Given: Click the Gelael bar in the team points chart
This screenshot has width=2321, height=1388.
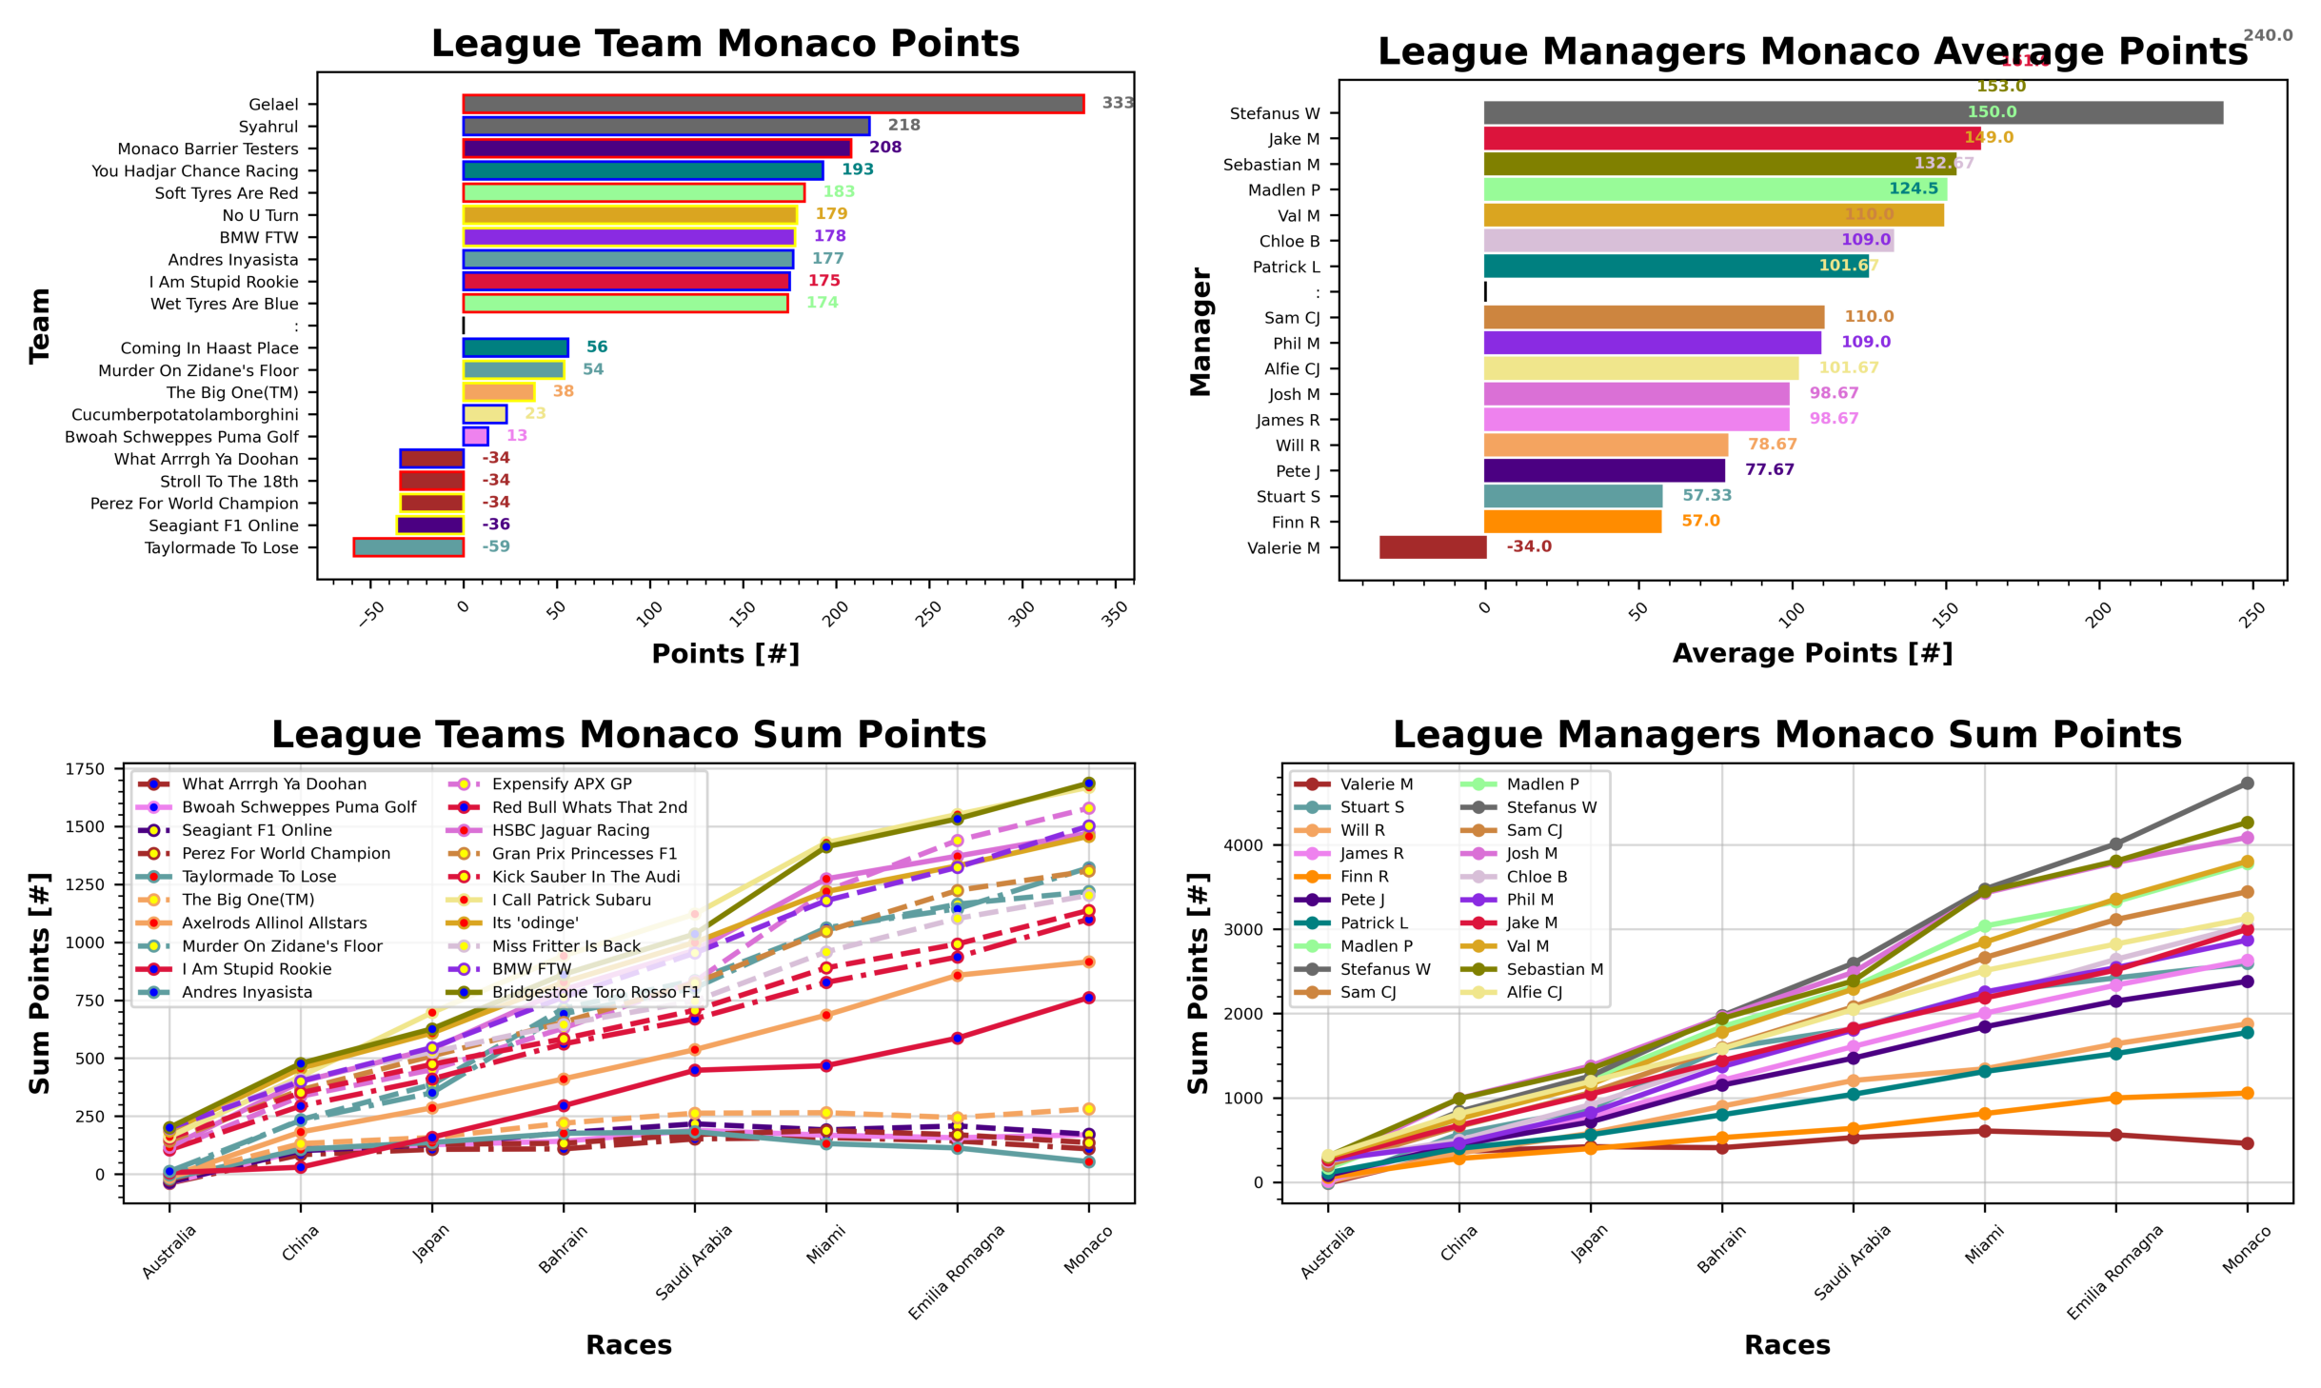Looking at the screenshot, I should pos(772,104).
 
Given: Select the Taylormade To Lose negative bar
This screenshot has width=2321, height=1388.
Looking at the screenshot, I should pos(408,547).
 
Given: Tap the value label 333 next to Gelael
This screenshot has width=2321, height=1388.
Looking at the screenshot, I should pos(1117,103).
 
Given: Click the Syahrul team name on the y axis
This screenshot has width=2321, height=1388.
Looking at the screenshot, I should pos(268,127).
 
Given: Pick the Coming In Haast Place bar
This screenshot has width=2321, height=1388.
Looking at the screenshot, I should pos(515,347).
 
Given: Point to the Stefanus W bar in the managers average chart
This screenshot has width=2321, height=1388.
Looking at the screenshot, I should pos(1852,113).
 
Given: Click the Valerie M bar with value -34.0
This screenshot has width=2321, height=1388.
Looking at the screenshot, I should pos(1432,547).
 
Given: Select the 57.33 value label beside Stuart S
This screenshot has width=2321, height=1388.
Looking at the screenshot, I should pos(1706,495).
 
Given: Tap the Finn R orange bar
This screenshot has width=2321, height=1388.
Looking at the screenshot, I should pos(1572,522).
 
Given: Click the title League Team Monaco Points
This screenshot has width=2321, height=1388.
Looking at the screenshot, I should pos(724,44).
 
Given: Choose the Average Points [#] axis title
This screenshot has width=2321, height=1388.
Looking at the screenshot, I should pos(1812,653).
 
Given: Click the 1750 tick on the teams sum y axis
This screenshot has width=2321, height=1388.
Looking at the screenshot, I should pos(86,769).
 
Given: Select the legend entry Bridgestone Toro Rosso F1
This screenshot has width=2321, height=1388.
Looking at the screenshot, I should pos(595,992).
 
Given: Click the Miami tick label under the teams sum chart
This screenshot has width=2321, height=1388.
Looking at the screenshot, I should pos(824,1244).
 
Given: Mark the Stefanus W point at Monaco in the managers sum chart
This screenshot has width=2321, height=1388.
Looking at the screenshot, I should pos(2247,783).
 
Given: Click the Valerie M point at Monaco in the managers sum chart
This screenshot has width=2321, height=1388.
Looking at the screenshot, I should pos(2247,1143).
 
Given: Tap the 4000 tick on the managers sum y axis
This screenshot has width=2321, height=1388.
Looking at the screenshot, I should pos(1244,845).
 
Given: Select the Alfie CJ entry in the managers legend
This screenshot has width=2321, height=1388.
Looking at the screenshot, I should pos(1534,992).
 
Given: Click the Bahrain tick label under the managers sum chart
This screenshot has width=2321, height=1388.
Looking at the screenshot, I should pos(1720,1249).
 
